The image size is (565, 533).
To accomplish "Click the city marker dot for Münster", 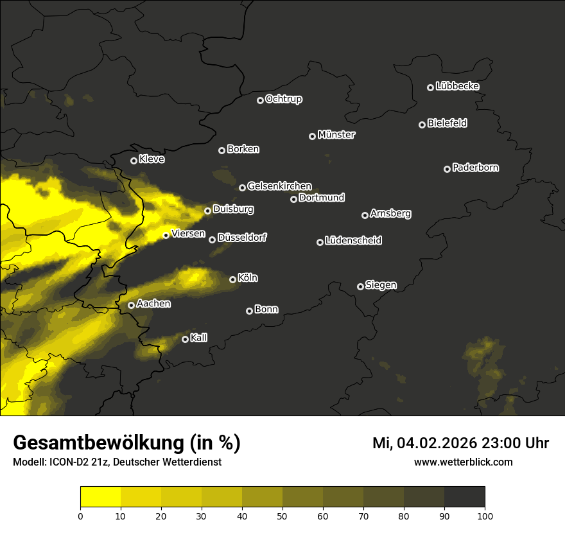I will [x=313, y=136].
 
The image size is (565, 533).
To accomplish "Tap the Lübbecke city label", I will [x=457, y=86].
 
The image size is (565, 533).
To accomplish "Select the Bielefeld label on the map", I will [x=447, y=123].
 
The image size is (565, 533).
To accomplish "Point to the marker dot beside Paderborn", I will [x=448, y=169].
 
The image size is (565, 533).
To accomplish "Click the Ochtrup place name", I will [x=283, y=99].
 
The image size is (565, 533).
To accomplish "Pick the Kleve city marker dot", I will [x=134, y=161].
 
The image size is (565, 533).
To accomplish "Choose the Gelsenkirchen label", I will [x=279, y=186].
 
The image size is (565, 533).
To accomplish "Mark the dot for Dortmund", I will [x=294, y=199].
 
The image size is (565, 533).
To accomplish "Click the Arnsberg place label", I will [x=390, y=214].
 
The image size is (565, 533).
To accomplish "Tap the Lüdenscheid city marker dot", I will [x=320, y=242].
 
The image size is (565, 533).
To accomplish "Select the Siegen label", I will [x=381, y=285].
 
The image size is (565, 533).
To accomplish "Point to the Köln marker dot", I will [x=233, y=279].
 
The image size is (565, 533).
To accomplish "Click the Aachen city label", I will [x=153, y=304].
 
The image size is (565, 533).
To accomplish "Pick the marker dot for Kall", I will [x=186, y=339].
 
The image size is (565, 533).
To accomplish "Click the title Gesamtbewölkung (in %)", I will [x=126, y=443].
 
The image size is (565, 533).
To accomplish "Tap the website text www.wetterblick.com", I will [x=463, y=462].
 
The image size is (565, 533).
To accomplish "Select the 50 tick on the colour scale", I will [x=282, y=515].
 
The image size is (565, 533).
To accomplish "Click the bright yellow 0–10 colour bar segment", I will [x=101, y=497].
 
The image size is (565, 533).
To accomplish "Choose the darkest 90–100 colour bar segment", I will [x=464, y=497].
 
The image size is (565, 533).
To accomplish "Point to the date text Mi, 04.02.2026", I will [x=423, y=443].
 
